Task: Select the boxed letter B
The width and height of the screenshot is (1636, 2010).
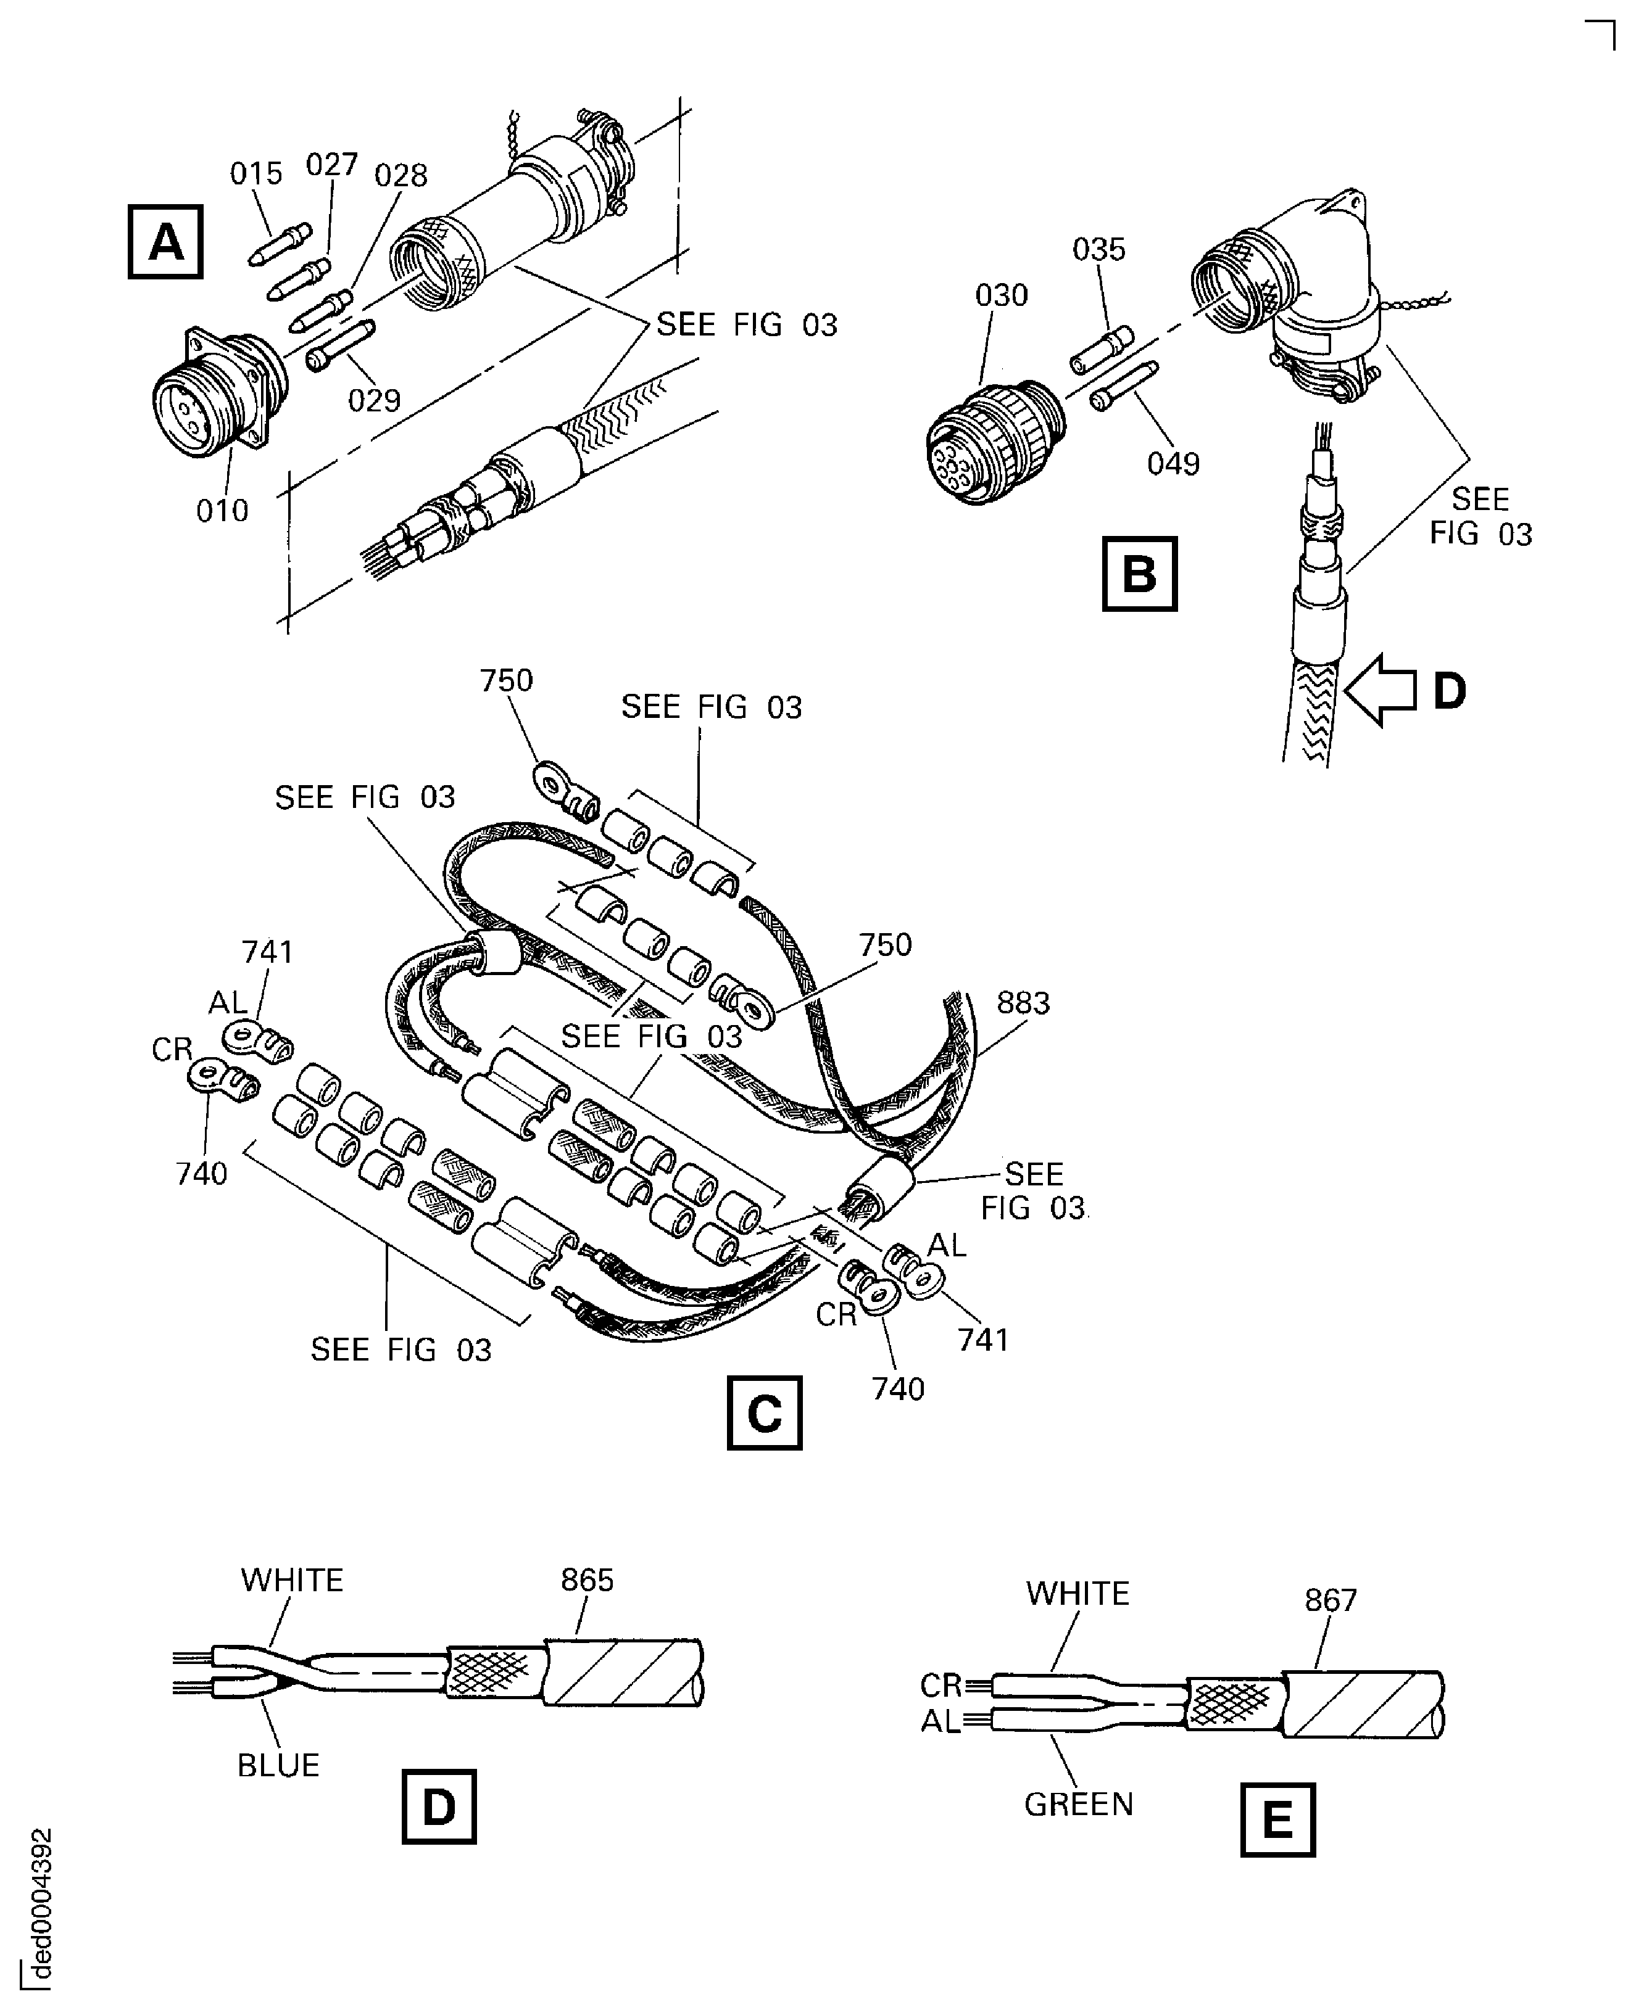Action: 1139,573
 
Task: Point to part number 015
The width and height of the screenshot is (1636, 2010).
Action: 255,173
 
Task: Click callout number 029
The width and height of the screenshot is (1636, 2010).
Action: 374,400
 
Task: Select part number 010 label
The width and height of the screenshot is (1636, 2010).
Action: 222,511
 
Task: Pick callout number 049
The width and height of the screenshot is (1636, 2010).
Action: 1173,463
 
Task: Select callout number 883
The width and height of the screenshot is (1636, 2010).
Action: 1023,1003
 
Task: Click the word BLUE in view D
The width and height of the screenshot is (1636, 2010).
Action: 278,1764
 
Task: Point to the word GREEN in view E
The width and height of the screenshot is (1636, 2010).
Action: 1078,1804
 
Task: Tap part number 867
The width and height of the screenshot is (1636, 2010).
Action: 1330,1599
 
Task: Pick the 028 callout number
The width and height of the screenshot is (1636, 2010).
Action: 401,175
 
